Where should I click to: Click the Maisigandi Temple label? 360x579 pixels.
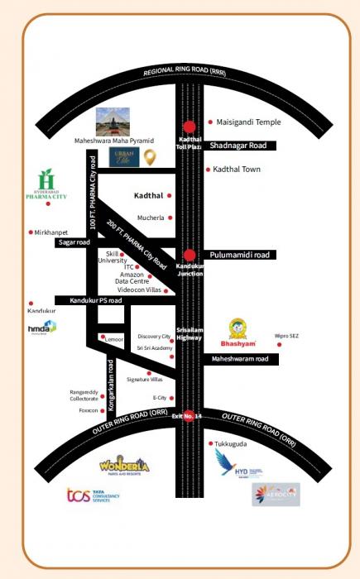[x=249, y=122]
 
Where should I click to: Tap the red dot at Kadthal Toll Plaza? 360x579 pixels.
[x=190, y=127]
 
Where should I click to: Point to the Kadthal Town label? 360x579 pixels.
[x=238, y=170]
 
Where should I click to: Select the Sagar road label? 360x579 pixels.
[x=73, y=243]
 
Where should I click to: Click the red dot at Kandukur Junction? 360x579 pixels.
[x=190, y=256]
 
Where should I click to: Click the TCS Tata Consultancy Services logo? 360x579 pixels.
[x=93, y=496]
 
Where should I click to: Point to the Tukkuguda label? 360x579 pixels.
[x=234, y=443]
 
